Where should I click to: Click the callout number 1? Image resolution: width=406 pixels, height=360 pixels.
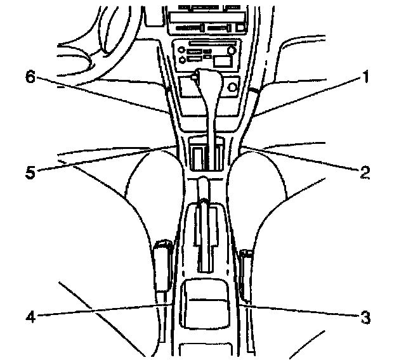pos(365,78)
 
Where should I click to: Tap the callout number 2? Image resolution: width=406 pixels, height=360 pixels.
pos(365,171)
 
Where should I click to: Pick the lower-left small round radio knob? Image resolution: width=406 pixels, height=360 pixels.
pos(183,60)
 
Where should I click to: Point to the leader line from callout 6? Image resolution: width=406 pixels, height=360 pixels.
pos(101,95)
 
